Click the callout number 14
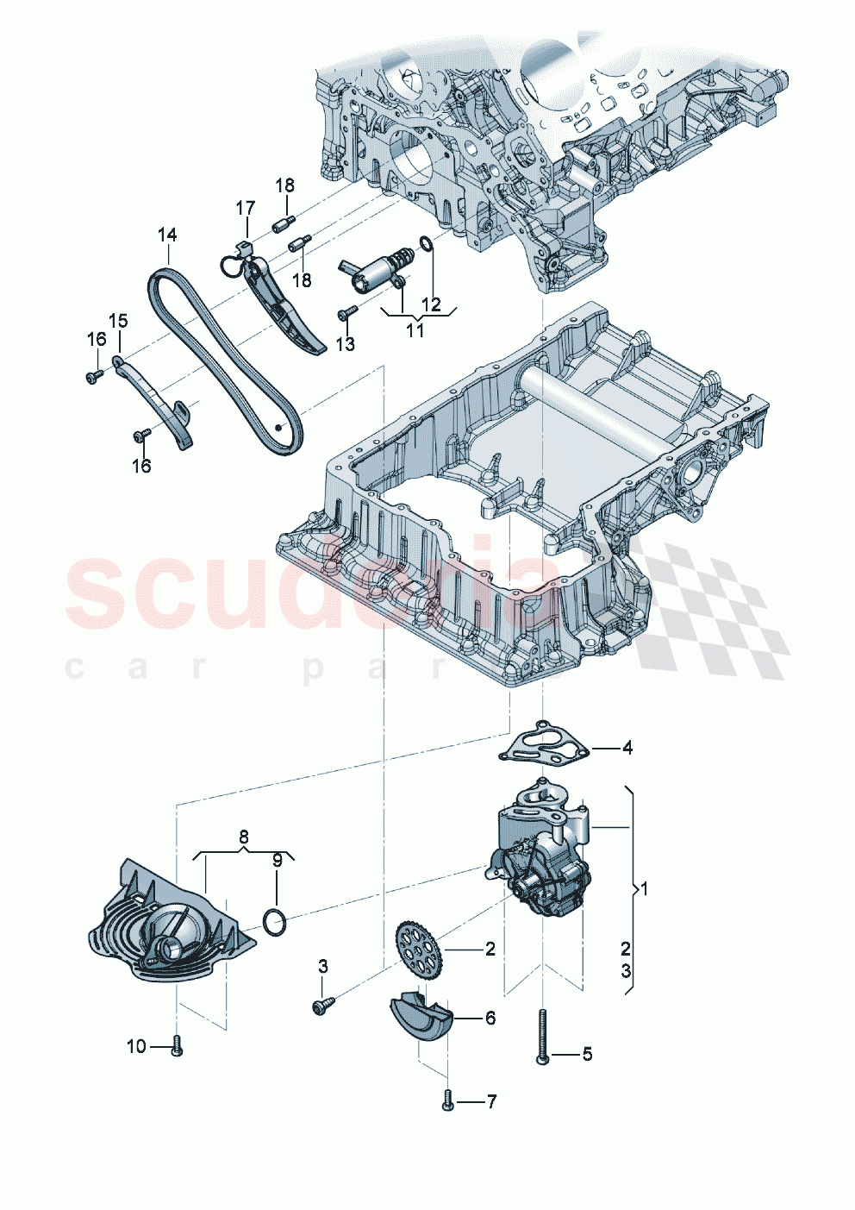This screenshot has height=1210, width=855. [x=167, y=235]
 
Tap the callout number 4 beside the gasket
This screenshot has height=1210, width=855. [x=627, y=748]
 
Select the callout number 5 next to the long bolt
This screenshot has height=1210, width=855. [x=587, y=1054]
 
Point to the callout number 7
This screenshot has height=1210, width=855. [x=491, y=1102]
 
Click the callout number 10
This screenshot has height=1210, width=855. [x=136, y=1047]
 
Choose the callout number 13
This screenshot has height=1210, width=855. [x=345, y=344]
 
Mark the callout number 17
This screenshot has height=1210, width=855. [x=246, y=208]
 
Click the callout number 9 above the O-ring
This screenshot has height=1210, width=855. [x=277, y=860]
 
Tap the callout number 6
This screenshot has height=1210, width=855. [x=490, y=1019]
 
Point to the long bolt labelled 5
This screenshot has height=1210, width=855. [x=543, y=1035]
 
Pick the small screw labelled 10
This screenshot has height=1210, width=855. [x=178, y=1046]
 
